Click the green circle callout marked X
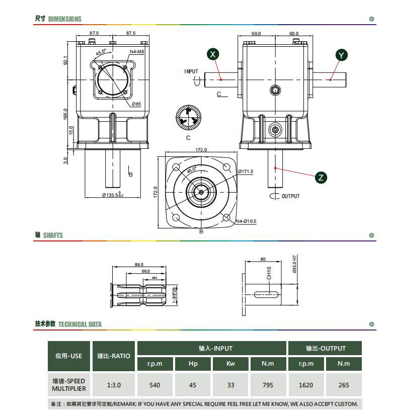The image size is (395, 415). [x=212, y=54]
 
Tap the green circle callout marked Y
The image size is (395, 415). [x=341, y=55]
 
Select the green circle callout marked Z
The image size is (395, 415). [x=321, y=178]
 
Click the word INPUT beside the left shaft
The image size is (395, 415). [x=191, y=71]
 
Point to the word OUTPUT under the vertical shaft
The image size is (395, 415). [x=290, y=196]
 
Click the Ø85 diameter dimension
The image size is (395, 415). [x=136, y=104]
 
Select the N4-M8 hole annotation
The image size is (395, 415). [x=137, y=52]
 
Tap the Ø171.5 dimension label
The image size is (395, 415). [x=246, y=171]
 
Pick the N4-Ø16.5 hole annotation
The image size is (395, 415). [x=246, y=221]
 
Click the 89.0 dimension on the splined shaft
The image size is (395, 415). [x=139, y=265]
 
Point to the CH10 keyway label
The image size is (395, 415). [x=269, y=273]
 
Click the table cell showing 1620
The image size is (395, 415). [x=306, y=385]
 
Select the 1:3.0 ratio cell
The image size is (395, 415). [x=114, y=385]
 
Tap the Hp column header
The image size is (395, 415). [x=193, y=364]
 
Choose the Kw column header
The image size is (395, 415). [x=230, y=364]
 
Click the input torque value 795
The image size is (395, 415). [x=268, y=385]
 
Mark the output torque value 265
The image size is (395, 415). [x=344, y=385]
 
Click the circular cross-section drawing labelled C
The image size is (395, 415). [x=189, y=117]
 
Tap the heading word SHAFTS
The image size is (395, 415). [x=53, y=235]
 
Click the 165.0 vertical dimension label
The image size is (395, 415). [x=65, y=114]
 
